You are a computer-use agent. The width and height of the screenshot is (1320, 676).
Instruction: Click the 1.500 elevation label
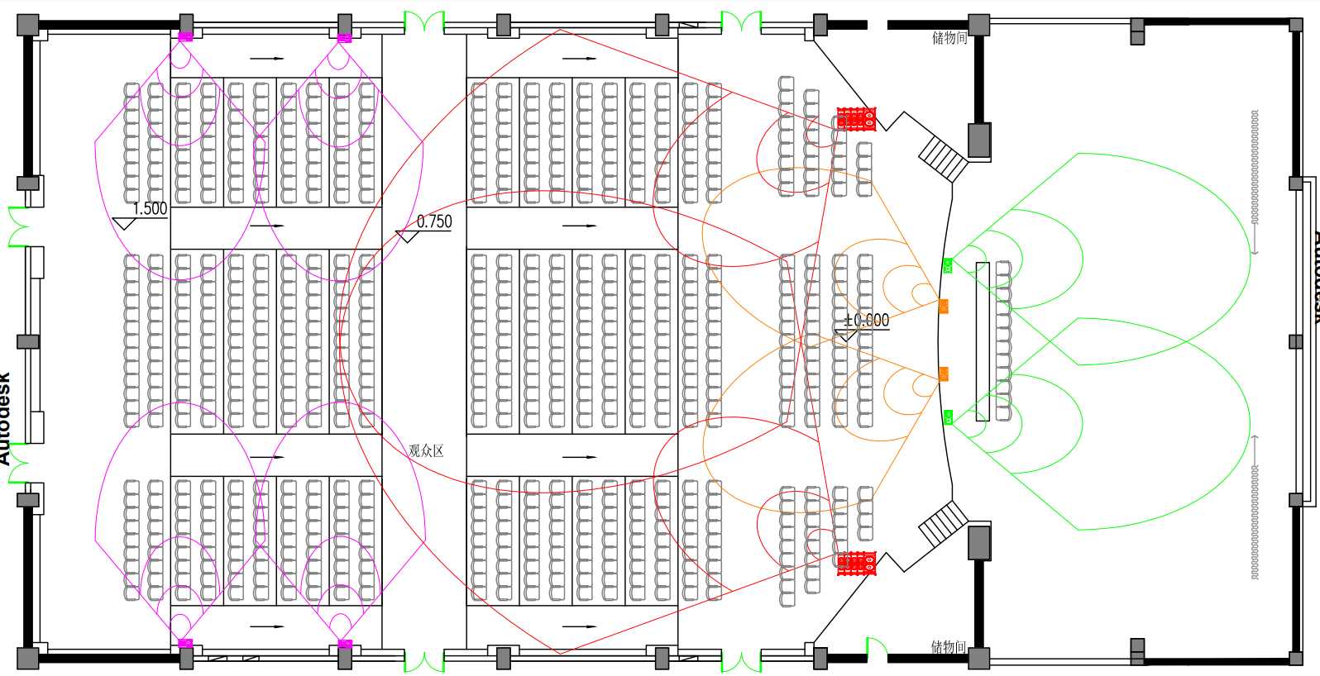tap(150, 208)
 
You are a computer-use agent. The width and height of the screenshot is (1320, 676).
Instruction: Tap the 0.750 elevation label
tap(434, 221)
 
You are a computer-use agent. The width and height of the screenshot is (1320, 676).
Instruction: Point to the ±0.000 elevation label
tap(866, 320)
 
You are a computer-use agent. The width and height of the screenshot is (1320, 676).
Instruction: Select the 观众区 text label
tap(426, 450)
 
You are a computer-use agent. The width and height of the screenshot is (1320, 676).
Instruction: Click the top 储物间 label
tap(949, 37)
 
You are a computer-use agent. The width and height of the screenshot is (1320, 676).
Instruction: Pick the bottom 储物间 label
tap(948, 646)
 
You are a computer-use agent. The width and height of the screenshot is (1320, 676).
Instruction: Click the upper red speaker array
tap(856, 119)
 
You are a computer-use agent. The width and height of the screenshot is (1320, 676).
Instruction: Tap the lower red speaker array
tap(856, 564)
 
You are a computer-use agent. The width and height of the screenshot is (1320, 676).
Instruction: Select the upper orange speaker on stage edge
tap(944, 307)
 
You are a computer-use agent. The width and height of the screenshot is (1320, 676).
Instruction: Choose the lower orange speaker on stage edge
tap(944, 374)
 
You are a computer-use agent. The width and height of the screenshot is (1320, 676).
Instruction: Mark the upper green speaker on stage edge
tap(948, 265)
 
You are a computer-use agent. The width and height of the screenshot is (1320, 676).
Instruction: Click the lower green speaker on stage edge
tap(948, 417)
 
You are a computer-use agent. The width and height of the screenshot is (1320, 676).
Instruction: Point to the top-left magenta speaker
tap(185, 36)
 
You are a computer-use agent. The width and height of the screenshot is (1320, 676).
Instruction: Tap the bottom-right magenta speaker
tap(345, 644)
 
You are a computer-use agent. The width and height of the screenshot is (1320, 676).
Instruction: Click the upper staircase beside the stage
tap(943, 158)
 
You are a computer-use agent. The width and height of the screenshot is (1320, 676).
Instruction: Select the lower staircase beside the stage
tap(944, 524)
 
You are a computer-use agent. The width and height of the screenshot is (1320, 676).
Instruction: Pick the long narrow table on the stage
tap(983, 341)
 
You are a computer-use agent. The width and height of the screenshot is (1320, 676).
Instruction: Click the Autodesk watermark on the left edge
tap(5, 417)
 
